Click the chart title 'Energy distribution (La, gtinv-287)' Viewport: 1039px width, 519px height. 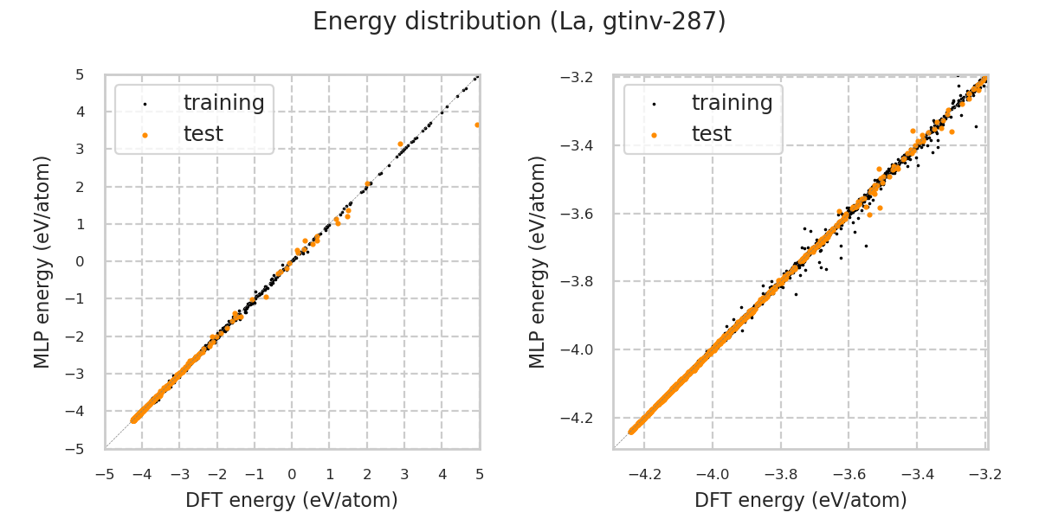(519, 22)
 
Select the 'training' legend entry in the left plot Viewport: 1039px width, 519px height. (223, 103)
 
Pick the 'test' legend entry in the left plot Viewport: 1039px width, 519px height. (203, 134)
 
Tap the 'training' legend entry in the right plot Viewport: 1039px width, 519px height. (732, 103)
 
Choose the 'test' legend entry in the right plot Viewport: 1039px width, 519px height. (712, 134)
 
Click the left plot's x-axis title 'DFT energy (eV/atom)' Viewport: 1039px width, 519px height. (292, 500)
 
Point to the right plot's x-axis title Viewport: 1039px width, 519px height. (801, 500)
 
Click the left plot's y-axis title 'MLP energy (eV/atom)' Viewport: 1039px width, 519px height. (43, 261)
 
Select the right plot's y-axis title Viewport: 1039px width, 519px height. (539, 261)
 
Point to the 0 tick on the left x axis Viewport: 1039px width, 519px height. (292, 475)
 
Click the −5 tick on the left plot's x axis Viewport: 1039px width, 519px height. (105, 475)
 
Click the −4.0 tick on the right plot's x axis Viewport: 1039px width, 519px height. (712, 475)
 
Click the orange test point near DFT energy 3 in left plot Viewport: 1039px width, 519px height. (400, 144)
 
